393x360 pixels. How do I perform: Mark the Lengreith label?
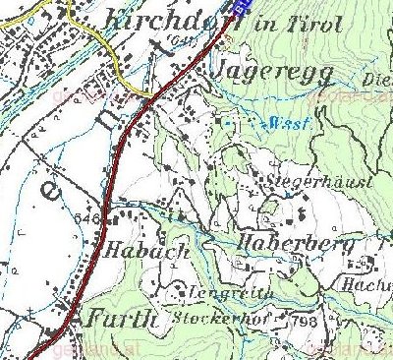pos(206,292)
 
